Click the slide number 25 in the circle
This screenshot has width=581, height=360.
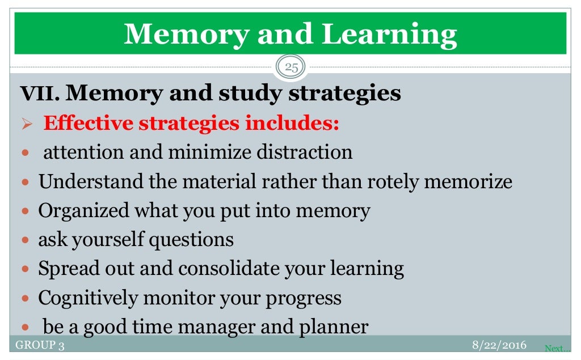[x=290, y=68]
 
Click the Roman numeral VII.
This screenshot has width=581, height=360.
[x=39, y=94]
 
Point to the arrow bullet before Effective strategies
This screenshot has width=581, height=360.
[x=27, y=124]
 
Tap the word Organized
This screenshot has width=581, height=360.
[x=84, y=211]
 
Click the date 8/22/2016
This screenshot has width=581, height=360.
[x=499, y=345]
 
